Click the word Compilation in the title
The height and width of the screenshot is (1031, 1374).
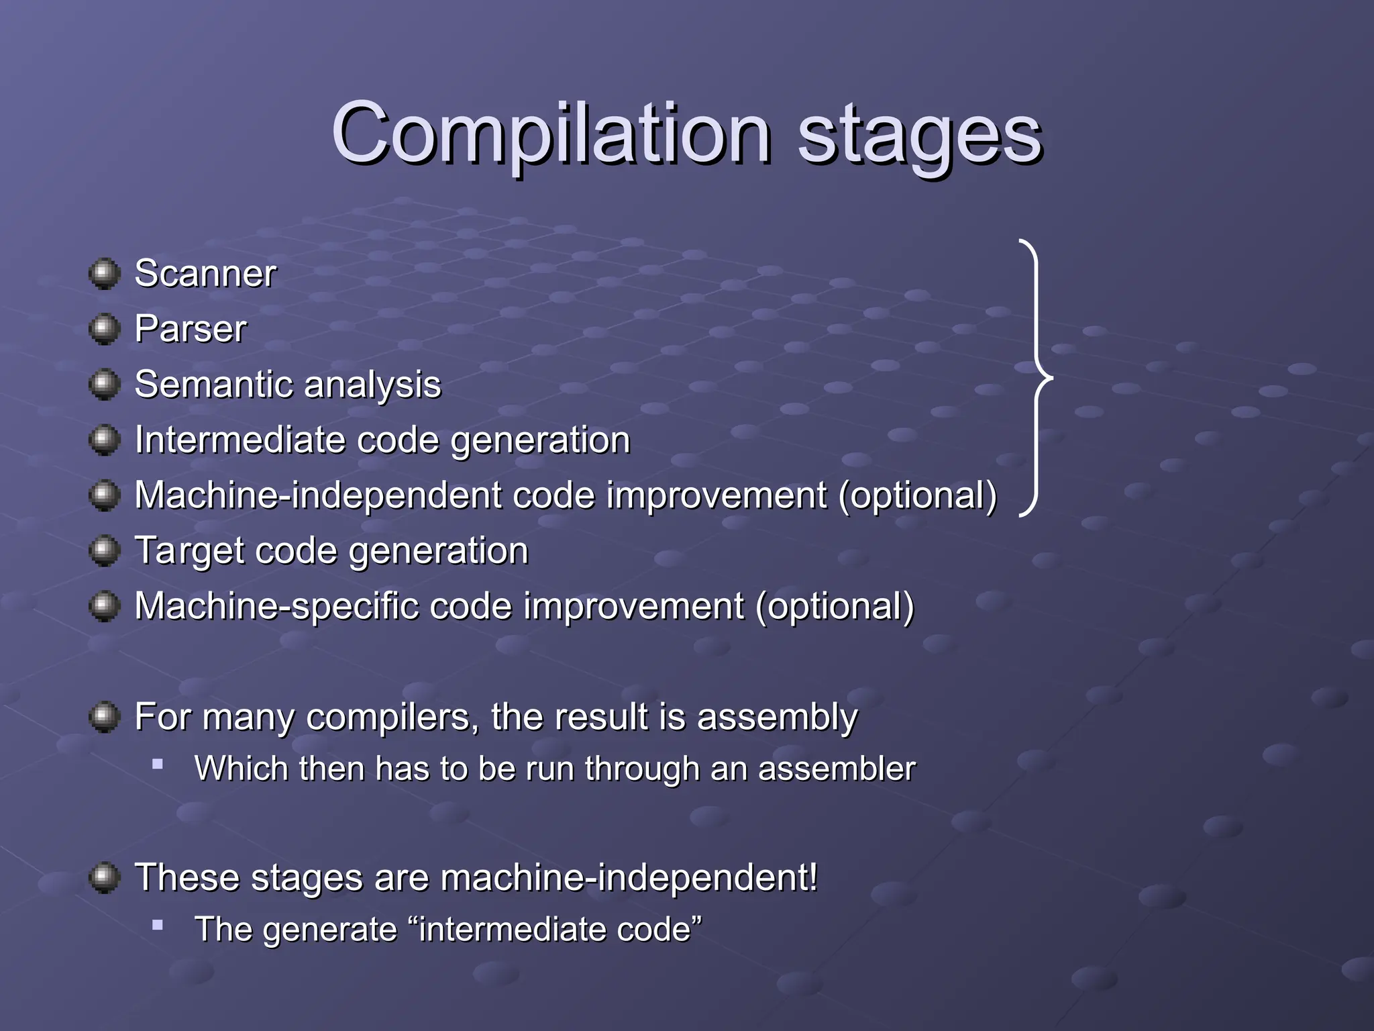(550, 134)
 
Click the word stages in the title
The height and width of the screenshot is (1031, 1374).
(919, 138)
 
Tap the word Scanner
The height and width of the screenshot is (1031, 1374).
(205, 274)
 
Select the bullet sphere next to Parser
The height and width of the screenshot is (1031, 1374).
(104, 329)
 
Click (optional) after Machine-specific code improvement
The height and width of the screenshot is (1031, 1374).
(835, 607)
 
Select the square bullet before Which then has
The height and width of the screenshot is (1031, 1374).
(158, 764)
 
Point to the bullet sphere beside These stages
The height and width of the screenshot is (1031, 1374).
(104, 878)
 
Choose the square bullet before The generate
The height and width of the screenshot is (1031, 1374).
(158, 925)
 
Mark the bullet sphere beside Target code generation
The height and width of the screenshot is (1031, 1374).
(104, 551)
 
